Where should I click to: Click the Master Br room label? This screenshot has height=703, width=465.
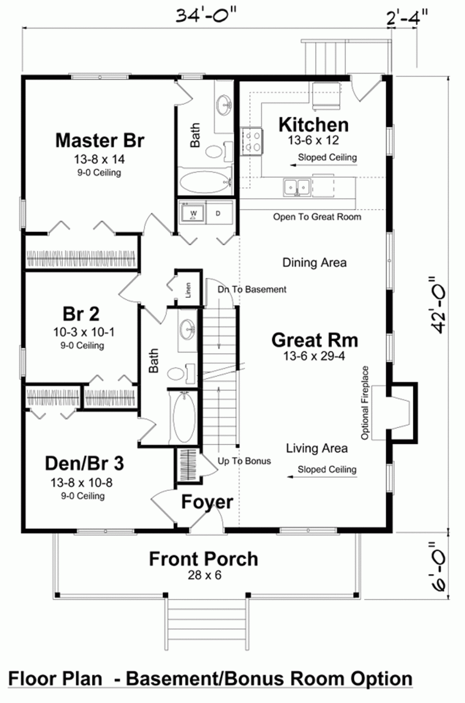99,140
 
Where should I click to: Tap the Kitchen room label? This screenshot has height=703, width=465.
313,124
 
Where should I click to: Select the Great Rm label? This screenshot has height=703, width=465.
314,340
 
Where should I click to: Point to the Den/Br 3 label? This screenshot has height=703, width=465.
84,463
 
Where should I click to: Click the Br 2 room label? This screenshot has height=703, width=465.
81,313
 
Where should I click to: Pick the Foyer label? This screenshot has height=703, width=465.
207,502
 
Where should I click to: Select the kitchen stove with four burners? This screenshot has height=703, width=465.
252,141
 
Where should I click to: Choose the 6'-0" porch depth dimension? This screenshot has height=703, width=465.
439,566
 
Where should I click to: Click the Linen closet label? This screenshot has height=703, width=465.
188,290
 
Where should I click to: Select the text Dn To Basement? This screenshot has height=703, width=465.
252,289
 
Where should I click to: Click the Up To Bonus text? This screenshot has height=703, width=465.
244,461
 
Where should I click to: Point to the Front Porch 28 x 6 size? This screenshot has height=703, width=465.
204,575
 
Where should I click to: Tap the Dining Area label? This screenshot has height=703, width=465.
314,262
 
